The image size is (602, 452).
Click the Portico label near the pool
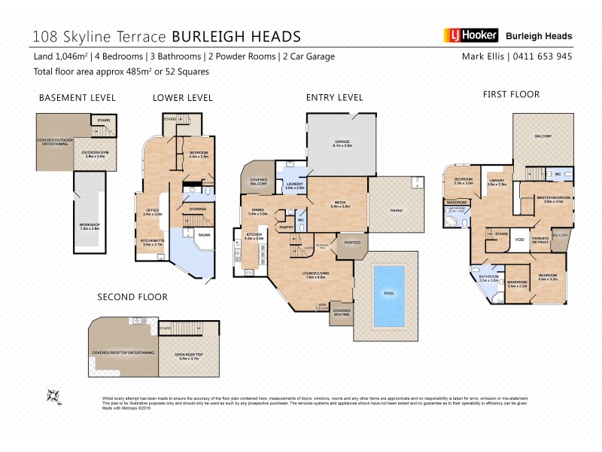pyautogui.click(x=352, y=243)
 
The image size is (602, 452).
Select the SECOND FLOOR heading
pyautogui.click(x=132, y=297)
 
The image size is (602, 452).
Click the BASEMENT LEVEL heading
pyautogui.click(x=77, y=98)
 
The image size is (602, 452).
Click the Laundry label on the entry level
pyautogui.click(x=294, y=186)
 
